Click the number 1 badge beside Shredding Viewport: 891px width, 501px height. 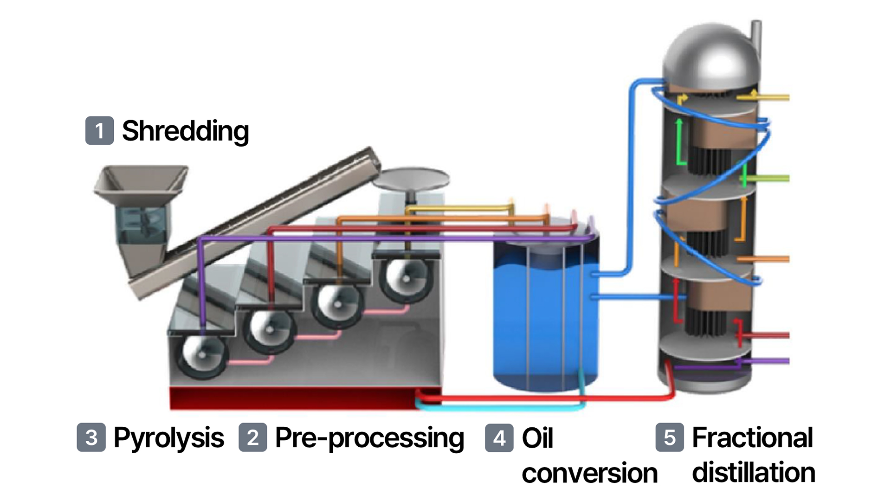99,130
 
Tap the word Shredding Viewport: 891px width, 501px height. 185,131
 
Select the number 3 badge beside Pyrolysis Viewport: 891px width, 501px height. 91,437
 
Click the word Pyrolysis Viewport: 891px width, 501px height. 168,438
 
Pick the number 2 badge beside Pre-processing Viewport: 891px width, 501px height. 252,437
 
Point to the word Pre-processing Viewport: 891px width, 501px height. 369,438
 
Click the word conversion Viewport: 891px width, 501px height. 589,473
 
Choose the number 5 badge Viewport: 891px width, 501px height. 669,437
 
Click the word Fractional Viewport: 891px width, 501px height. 752,437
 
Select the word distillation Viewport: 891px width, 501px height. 753,473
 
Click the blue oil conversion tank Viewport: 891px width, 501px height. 545,320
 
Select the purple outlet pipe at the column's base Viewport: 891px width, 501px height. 770,361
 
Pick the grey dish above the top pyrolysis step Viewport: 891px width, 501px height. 411,179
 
